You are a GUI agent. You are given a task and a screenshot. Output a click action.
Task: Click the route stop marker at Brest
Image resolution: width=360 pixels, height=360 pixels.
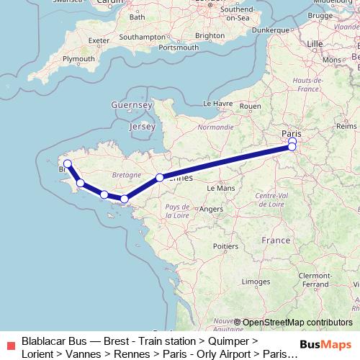pos(68,163)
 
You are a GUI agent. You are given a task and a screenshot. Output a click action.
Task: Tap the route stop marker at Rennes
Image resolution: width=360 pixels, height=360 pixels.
pos(160,177)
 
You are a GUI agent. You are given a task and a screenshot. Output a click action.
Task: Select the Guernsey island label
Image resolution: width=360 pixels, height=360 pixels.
pos(132,106)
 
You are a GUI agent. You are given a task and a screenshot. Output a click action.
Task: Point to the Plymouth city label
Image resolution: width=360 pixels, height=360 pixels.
pos(79,58)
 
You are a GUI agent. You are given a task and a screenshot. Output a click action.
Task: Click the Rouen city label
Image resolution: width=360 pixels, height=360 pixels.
pos(250,106)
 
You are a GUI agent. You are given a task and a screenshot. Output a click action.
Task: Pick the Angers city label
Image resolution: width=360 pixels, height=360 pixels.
pos(212,209)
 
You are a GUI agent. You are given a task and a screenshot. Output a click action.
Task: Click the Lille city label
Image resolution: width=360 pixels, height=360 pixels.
pos(315,44)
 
